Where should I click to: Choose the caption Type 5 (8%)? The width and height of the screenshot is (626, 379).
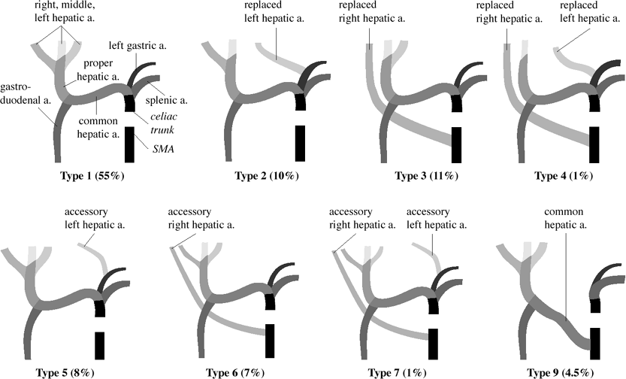(x=68, y=371)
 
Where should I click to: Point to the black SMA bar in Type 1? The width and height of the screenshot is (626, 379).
(x=129, y=144)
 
